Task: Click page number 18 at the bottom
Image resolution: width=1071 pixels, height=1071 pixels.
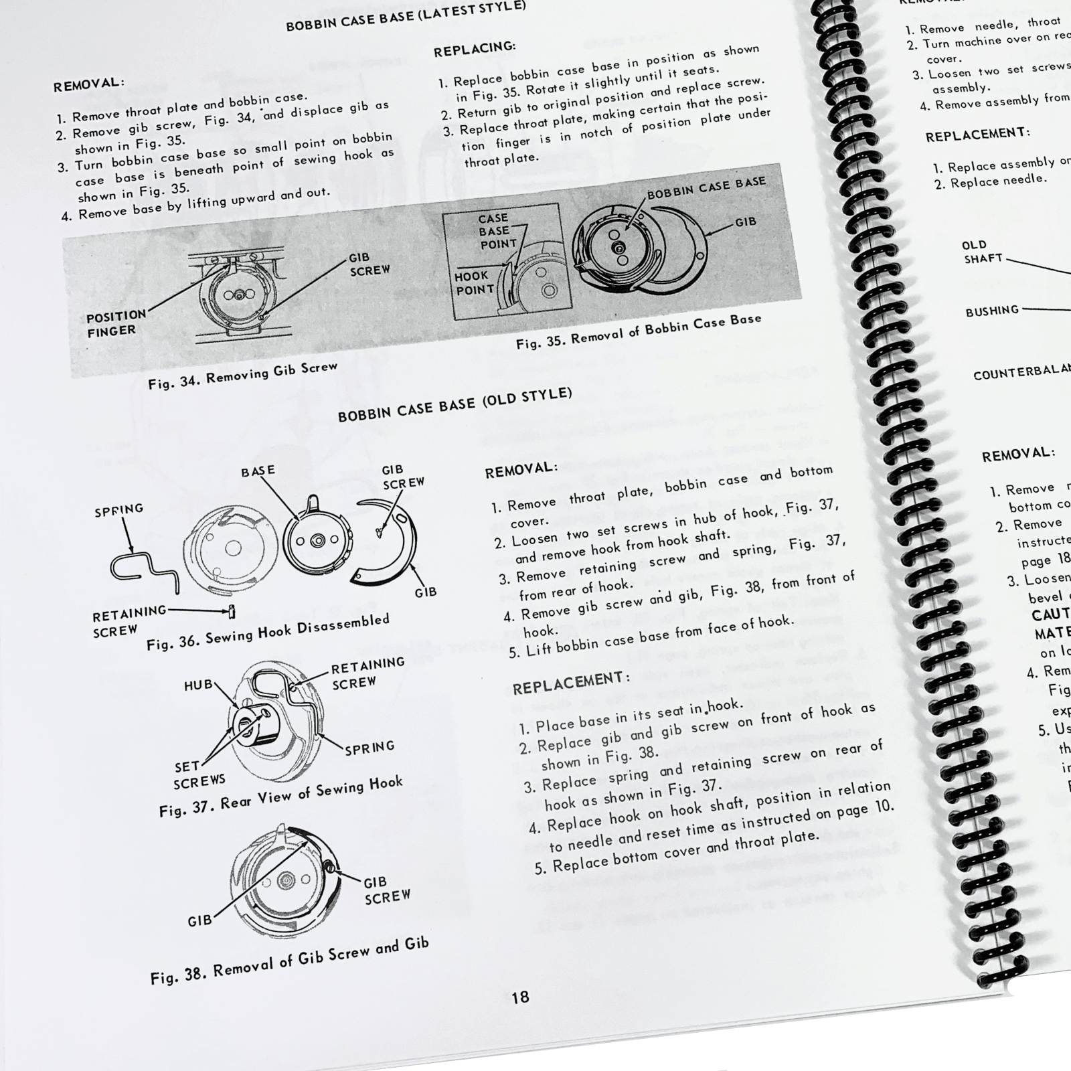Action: pos(520,997)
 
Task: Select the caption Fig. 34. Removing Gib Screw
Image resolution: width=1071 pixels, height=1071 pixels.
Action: pos(242,376)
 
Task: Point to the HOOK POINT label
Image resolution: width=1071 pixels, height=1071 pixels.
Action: pos(474,283)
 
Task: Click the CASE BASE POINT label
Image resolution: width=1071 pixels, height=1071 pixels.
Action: pos(496,232)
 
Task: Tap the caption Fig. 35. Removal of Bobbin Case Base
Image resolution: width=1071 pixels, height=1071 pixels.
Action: pos(638,331)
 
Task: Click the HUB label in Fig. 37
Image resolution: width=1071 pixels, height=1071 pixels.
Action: pos(198,685)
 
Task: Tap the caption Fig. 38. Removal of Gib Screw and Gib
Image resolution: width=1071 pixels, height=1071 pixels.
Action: pos(289,961)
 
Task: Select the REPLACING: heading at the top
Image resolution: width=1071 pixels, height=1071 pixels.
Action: pos(475,48)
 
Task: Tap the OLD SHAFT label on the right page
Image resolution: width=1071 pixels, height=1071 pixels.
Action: pos(983,252)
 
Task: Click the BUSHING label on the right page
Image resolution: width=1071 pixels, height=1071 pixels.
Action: pos(992,311)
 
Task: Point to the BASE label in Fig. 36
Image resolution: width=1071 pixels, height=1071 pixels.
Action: pos(258,471)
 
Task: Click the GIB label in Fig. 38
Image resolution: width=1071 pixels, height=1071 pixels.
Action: pos(199,921)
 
